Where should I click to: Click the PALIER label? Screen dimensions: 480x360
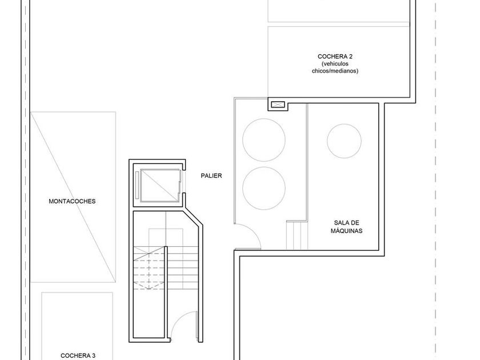point(211,176)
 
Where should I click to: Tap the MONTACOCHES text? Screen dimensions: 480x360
point(72,201)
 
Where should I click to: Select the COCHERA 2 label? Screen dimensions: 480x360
point(335,56)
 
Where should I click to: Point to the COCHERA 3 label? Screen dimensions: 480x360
point(78,355)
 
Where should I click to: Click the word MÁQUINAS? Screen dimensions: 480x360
point(347,231)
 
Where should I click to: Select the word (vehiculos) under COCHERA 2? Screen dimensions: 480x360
point(335,63)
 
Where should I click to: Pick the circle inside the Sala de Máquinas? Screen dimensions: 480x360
point(344,140)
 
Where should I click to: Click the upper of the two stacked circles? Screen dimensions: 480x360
point(264,140)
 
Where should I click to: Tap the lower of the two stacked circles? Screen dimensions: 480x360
point(264,187)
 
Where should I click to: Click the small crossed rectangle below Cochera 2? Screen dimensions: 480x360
point(278,105)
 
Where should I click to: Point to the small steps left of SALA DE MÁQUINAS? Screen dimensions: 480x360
point(297,235)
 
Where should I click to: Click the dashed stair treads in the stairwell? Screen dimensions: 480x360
point(149,269)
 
